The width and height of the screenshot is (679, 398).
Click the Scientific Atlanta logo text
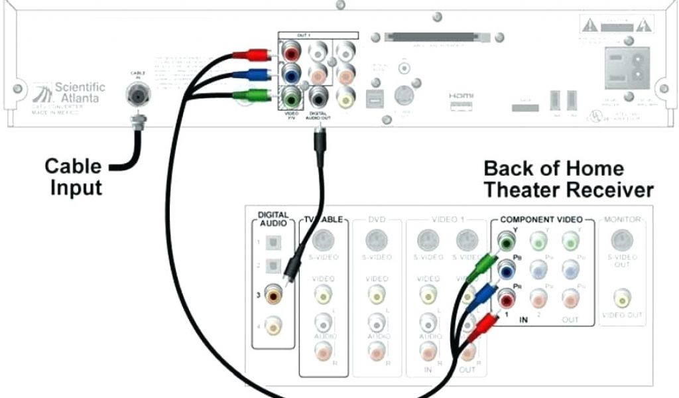78,92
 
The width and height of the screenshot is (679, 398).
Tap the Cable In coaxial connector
138,95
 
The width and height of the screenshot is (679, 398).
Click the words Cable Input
73,176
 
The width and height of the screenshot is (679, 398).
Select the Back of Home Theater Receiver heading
568,179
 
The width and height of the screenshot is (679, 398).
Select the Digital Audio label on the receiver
273,219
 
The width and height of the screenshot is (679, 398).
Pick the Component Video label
541,219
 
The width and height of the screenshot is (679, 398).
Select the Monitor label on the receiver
621,219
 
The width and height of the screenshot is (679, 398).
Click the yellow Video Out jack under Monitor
622,297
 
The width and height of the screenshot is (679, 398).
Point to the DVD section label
376,219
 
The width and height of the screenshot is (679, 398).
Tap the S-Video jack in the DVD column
376,240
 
